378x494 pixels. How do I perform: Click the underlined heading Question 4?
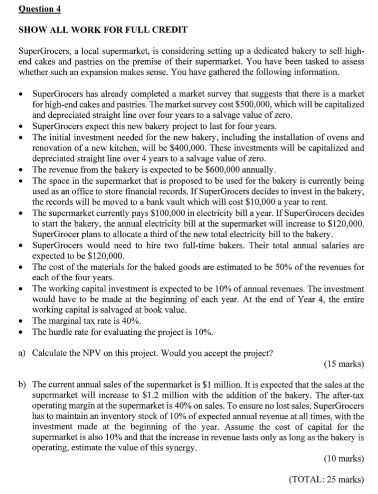pos(36,9)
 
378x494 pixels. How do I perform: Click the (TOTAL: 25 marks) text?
pos(326,480)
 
